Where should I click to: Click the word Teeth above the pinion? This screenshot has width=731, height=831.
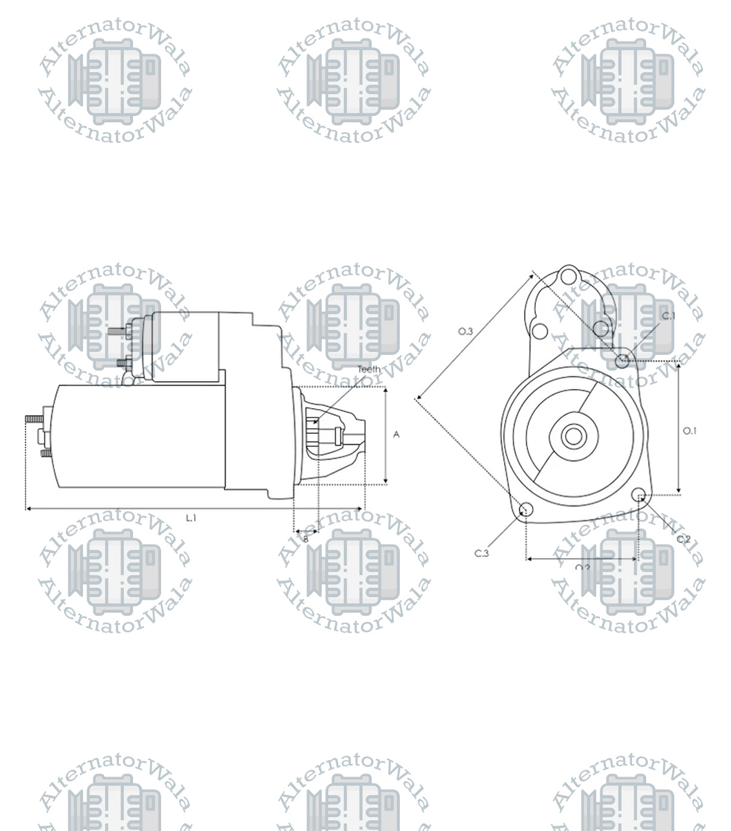[369, 369]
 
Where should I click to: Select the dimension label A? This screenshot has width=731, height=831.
[396, 435]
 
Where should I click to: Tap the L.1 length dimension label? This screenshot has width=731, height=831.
[191, 518]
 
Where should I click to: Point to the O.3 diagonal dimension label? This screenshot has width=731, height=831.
[465, 331]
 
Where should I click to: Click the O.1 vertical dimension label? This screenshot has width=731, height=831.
[689, 431]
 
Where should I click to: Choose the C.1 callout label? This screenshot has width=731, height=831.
[668, 316]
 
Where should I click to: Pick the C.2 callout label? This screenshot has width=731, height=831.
[683, 539]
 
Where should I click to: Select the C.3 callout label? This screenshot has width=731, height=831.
[482, 554]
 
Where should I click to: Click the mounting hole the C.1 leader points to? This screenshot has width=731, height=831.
[622, 360]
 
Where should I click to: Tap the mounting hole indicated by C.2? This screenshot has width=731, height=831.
[638, 494]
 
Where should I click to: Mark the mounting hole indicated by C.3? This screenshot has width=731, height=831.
[526, 509]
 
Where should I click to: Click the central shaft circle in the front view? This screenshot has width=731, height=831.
[573, 437]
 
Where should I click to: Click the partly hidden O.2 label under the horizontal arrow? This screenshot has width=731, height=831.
[582, 567]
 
